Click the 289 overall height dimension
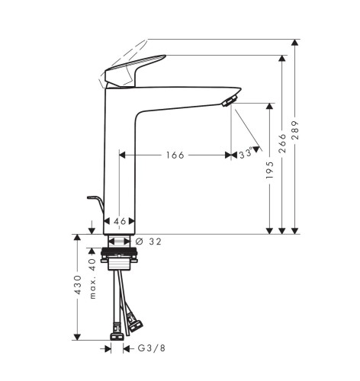[295, 130]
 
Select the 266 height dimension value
[282, 143]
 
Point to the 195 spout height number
[269, 170]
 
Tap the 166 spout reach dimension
[175, 155]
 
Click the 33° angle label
[246, 153]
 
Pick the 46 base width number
[120, 221]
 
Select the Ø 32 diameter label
[149, 242]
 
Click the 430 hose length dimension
[78, 284]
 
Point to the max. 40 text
[93, 278]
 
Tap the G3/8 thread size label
[152, 348]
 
